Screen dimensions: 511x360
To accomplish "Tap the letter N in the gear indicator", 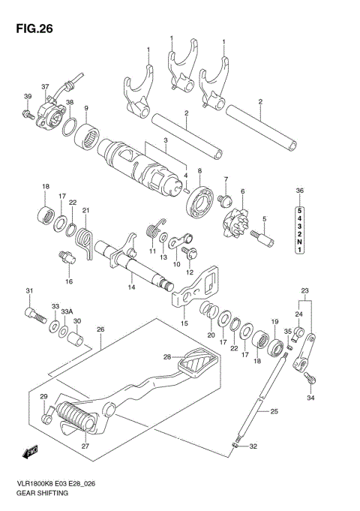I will (x=299, y=241).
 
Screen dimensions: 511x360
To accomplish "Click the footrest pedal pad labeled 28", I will (x=198, y=369).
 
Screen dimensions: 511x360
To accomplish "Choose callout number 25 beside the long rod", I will (x=274, y=411).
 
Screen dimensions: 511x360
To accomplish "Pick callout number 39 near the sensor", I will (x=27, y=97).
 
